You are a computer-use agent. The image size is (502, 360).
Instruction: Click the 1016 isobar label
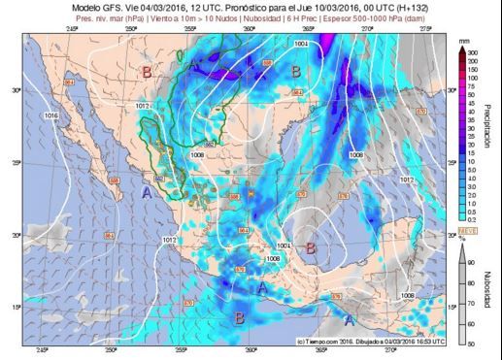pos(51,115)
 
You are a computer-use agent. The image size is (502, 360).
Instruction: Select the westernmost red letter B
pos(147,72)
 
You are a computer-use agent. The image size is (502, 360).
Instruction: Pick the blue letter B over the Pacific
pos(240,316)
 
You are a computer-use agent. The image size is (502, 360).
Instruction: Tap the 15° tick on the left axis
pos(16,308)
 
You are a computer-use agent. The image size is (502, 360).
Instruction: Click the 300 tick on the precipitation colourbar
pos(473,51)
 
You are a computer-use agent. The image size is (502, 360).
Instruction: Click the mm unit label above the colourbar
pos(463,42)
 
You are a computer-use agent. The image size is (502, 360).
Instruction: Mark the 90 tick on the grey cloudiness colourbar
pos(473,262)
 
